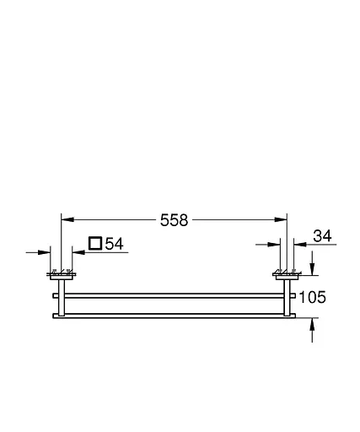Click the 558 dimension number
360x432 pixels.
coord(175,220)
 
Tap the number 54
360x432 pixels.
coord(115,244)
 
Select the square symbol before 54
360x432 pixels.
coord(95,244)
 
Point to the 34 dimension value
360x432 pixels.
coord(323,236)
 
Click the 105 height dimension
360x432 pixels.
coord(311,297)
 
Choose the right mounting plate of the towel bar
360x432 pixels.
coord(284,273)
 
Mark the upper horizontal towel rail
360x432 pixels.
coord(173,295)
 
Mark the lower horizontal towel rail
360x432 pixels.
coord(173,316)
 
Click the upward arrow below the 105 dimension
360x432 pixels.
coord(313,324)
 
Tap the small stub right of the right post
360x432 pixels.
coord(293,295)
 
